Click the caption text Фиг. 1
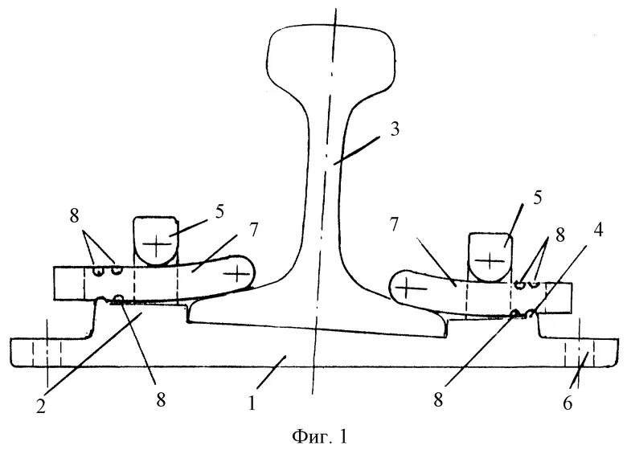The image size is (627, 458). pyautogui.click(x=318, y=438)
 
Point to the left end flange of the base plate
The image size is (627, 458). pyautogui.click(x=32, y=351)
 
